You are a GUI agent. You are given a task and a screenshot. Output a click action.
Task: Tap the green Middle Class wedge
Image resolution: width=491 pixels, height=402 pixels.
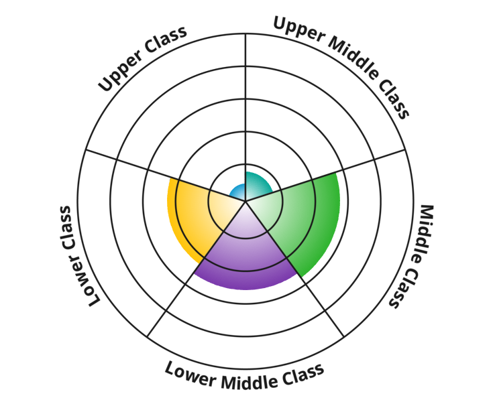(x=301, y=219)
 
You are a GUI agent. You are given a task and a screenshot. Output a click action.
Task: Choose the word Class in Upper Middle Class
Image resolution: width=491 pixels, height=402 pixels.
(x=394, y=99)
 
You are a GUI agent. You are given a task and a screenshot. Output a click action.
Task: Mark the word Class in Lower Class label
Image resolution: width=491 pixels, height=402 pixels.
(x=66, y=228)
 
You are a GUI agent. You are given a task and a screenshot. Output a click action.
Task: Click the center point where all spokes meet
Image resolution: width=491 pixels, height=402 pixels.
(x=245, y=202)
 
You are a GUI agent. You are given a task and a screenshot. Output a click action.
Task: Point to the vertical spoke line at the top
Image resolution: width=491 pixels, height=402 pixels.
(x=245, y=118)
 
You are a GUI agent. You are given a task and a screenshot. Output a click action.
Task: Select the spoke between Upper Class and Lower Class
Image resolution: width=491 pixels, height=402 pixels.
(x=166, y=176)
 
